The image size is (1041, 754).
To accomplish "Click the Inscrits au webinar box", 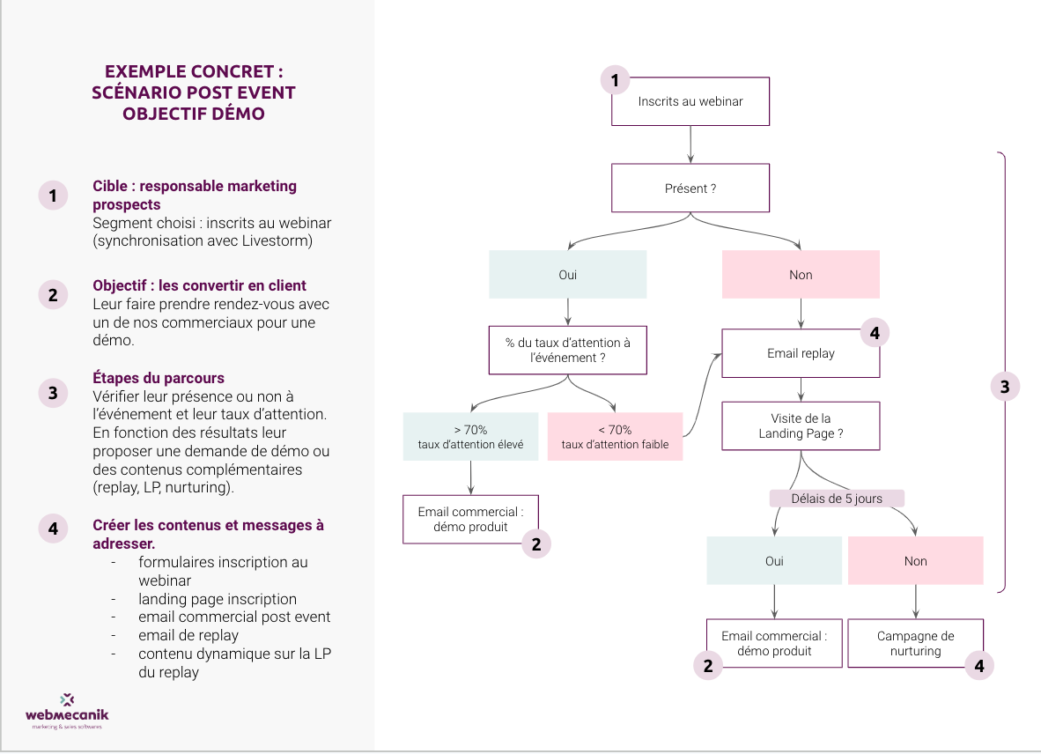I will [690, 101].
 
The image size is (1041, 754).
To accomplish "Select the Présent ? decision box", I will [690, 188].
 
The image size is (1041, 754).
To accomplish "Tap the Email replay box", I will [801, 353].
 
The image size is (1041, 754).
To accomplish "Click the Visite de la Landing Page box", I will [801, 426].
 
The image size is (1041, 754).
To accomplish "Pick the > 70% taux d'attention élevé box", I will [470, 437].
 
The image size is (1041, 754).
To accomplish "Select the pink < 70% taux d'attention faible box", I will [615, 437].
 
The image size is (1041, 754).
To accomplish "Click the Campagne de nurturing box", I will [915, 643].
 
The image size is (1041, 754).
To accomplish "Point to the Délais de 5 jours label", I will [837, 499].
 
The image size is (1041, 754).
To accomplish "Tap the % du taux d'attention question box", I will [568, 350].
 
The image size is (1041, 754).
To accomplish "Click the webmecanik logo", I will [67, 711].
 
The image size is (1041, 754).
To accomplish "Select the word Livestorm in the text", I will [280, 241].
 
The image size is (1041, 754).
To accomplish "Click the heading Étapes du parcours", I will [159, 378].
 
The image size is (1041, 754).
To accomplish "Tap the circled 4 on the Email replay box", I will [875, 333].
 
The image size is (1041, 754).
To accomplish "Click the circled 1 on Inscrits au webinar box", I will [615, 81].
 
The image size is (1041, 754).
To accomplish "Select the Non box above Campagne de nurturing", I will [915, 561].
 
